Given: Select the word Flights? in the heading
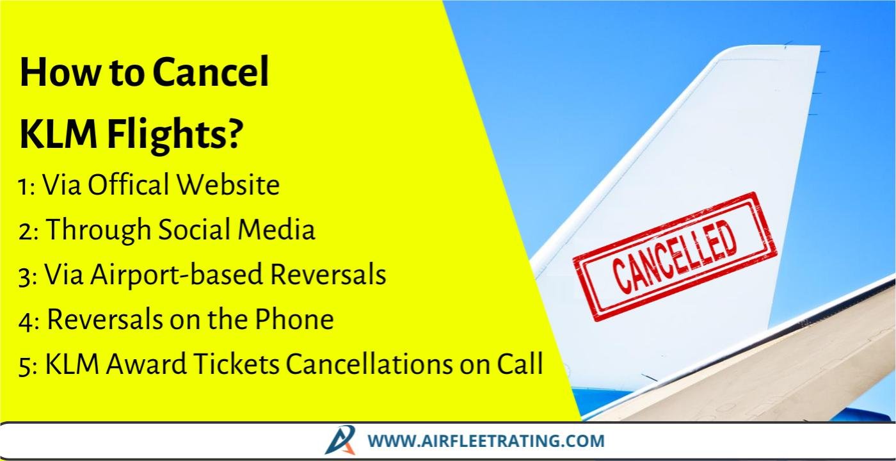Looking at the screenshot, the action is click(x=174, y=136).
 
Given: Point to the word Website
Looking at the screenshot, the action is click(x=228, y=184).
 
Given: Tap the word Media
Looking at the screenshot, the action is click(x=276, y=229).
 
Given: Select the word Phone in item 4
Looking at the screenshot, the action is click(x=294, y=319).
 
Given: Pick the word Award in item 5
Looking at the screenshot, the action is click(x=146, y=364).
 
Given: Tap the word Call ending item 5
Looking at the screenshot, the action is click(x=520, y=364).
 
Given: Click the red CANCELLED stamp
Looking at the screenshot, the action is click(x=675, y=257).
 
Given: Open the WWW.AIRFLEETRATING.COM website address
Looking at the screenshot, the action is click(x=486, y=441).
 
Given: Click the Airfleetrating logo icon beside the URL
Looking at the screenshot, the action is click(x=340, y=441).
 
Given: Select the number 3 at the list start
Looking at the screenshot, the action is click(x=26, y=277).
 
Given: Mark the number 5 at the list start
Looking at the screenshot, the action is click(x=26, y=366).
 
